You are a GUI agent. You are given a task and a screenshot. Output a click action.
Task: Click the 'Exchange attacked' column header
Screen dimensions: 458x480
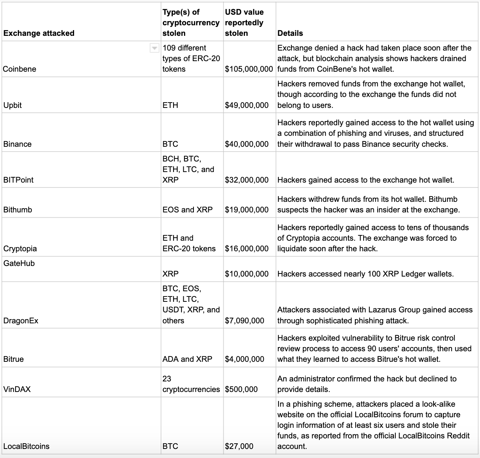[x=39, y=33]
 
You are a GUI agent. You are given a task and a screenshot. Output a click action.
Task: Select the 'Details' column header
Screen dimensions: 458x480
[x=290, y=33]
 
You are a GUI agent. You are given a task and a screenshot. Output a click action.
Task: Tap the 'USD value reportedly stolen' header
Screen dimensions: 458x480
[x=244, y=23]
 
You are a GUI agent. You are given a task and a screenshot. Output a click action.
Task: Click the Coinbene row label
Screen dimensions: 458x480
[x=20, y=69]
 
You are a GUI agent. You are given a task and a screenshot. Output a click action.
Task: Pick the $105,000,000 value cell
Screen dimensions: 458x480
[x=249, y=69]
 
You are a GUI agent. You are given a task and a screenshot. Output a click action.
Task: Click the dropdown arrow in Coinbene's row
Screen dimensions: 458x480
[x=154, y=48]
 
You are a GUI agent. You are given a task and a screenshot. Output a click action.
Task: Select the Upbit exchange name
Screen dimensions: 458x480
[x=12, y=105]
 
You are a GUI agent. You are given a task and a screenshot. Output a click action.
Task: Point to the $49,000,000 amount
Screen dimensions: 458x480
[x=247, y=105]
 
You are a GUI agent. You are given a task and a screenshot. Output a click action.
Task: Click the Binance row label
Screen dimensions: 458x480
[x=17, y=144]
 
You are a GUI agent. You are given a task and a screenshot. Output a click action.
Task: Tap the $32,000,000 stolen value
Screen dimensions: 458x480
[x=247, y=180]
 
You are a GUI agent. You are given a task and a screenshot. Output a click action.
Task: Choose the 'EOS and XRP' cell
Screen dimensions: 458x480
[x=187, y=209]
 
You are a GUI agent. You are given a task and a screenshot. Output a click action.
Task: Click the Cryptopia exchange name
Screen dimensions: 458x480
[x=20, y=249]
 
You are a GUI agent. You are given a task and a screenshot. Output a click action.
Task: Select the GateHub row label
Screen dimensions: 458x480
[x=19, y=263]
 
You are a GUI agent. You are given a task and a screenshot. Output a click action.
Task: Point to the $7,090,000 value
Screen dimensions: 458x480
[x=245, y=321]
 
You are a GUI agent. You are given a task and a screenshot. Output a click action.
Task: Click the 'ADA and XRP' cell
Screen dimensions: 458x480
[x=187, y=359]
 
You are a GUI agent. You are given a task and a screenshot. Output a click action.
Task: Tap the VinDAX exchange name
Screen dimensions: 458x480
[x=17, y=389]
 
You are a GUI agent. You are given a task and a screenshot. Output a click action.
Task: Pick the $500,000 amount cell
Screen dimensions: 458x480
[x=241, y=389]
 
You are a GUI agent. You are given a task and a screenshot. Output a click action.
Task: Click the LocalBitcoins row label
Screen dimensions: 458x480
[x=26, y=446]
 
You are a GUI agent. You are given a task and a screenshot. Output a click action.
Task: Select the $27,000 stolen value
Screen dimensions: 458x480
[x=239, y=446]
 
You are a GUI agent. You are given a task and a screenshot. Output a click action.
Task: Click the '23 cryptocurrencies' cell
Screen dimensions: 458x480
[x=191, y=384]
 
